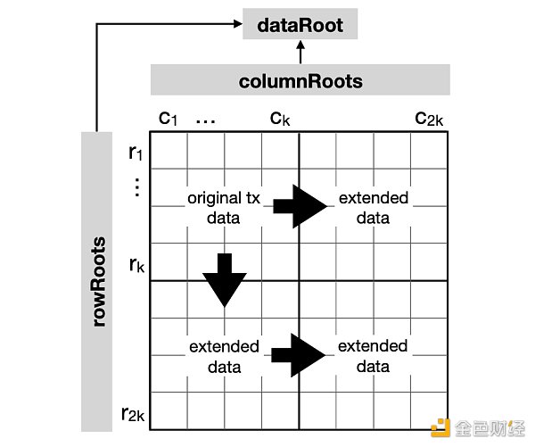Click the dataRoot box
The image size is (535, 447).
point(300,24)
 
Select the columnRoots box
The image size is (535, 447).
point(300,81)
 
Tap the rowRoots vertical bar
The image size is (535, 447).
point(99,281)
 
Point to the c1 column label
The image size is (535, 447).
point(169,118)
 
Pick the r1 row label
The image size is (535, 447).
point(136,153)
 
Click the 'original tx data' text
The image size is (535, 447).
point(223,206)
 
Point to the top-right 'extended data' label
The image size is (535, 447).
point(373,206)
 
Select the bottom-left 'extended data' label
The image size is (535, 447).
point(224,355)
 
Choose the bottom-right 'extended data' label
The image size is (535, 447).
point(373,355)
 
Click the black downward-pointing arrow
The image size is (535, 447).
point(225,280)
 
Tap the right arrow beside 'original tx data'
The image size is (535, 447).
point(299,207)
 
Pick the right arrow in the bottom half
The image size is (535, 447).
point(299,355)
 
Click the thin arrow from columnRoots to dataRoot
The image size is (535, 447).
point(300,53)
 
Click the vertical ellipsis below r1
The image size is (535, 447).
point(136,188)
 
